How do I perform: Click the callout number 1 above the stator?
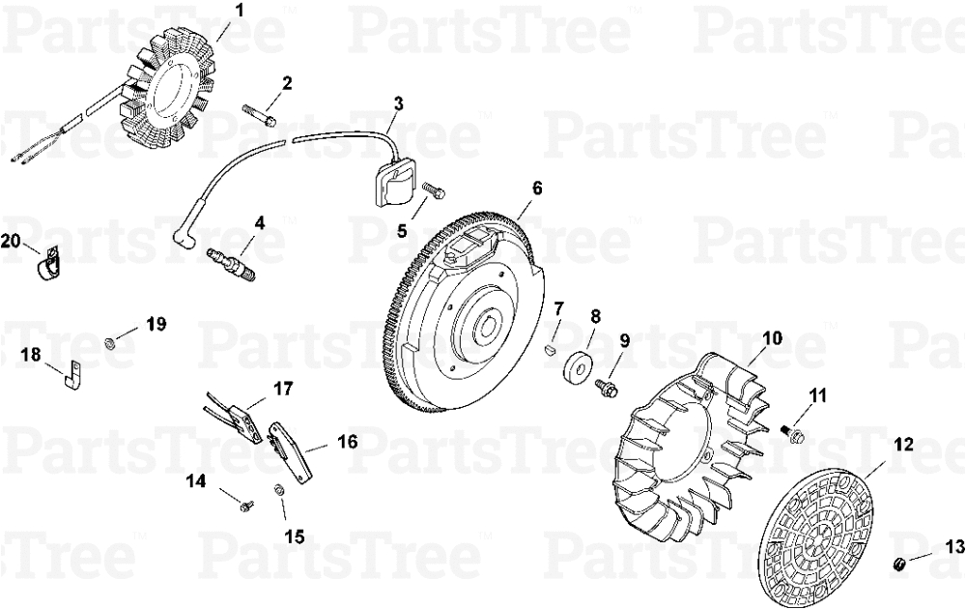(x=239, y=10)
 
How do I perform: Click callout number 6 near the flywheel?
(x=537, y=188)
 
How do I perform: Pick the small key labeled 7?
(x=552, y=350)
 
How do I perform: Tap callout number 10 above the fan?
(x=773, y=337)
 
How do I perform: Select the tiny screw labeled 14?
(x=246, y=506)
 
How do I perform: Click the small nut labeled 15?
(x=278, y=490)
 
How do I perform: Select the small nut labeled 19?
(x=108, y=342)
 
